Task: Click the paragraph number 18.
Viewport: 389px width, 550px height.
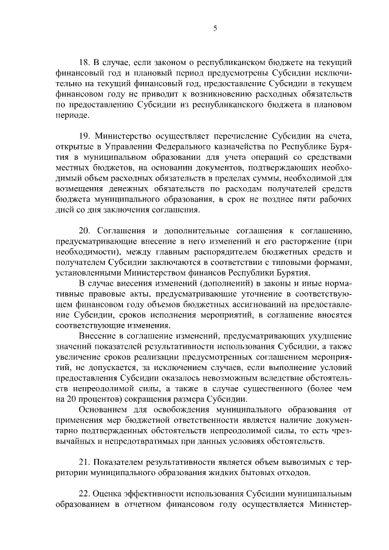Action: tap(85, 63)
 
